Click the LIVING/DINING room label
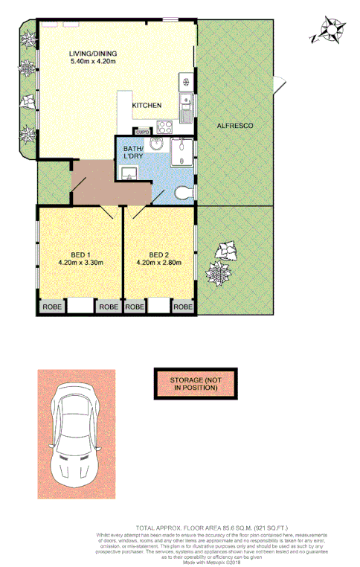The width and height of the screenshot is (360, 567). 94,53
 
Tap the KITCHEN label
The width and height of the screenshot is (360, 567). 147,106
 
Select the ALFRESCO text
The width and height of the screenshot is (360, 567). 235,126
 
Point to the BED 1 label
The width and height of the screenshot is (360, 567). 80,253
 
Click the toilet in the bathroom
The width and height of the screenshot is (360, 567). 181,193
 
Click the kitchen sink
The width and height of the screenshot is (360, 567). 186,102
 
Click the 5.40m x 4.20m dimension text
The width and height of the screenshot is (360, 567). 94,61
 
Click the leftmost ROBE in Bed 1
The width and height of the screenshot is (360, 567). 51,307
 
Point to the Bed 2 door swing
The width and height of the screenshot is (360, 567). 136,213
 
